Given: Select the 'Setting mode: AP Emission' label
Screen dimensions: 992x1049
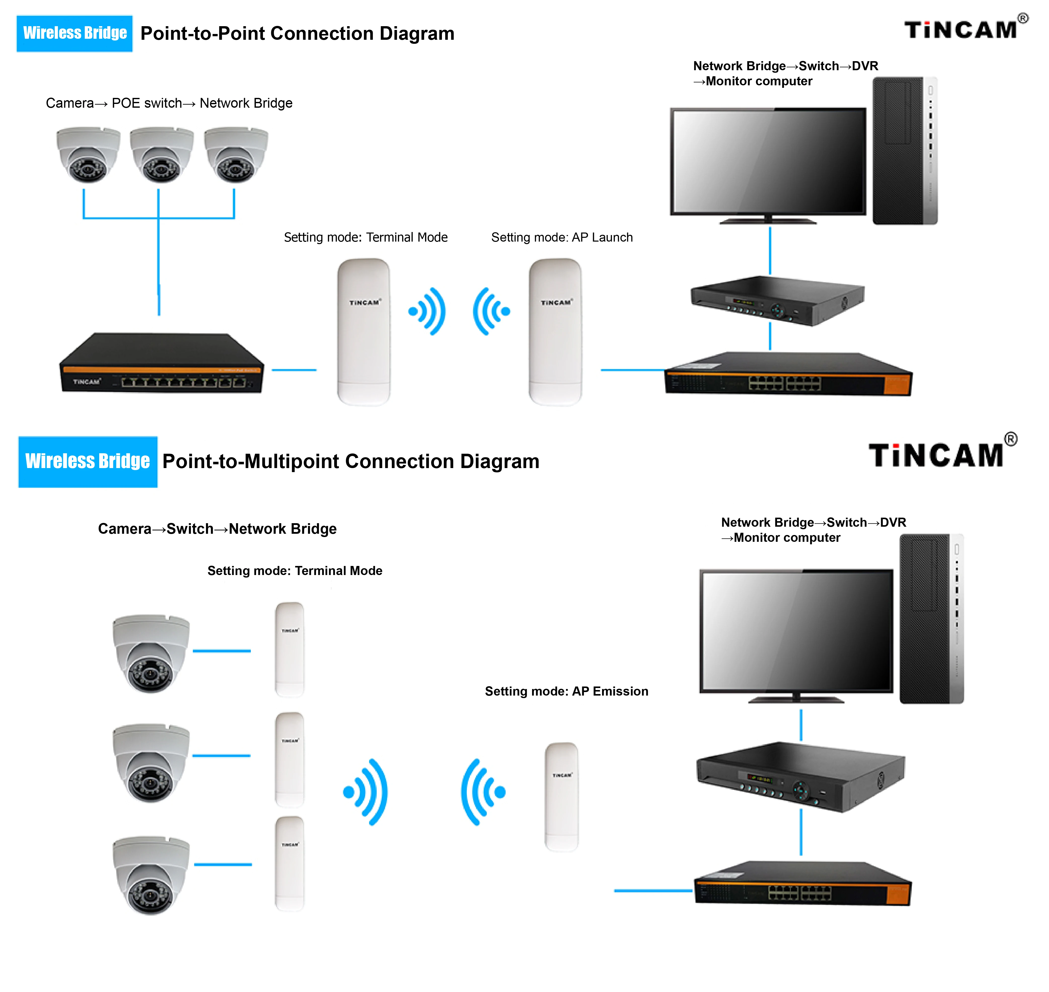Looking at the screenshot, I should tap(566, 691).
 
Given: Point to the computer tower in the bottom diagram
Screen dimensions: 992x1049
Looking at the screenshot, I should tap(931, 619).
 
